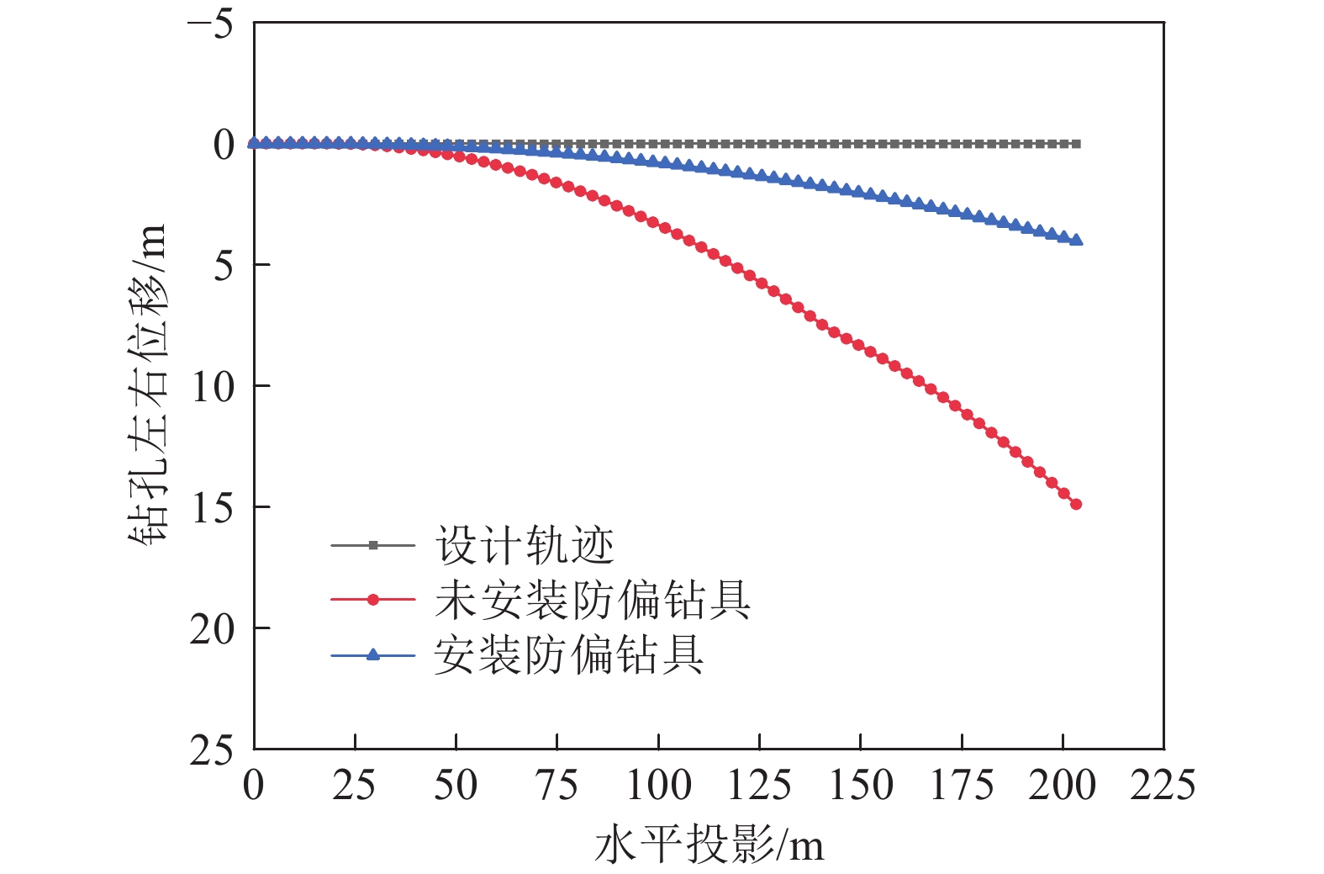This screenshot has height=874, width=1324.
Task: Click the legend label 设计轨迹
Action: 525,546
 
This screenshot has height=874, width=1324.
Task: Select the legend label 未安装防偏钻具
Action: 592,601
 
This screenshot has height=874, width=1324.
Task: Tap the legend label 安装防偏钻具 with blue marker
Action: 569,655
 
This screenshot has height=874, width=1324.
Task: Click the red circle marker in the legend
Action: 373,600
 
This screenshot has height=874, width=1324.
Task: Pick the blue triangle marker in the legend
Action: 373,654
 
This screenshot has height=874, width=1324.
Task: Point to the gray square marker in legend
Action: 373,545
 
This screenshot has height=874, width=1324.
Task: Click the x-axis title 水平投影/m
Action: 709,845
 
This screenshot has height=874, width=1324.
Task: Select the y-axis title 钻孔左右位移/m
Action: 149,385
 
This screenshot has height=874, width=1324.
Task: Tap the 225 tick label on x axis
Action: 1163,786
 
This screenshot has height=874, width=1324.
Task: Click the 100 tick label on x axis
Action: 658,786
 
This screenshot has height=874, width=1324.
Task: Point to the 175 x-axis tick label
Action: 962,786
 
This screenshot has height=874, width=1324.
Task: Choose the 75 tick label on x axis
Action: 557,786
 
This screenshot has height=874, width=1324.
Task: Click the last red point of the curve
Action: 1076,505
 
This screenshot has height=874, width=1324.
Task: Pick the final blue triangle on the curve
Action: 1077,240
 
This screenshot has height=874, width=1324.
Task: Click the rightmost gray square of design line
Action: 1077,144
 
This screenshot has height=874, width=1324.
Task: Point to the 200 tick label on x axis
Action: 1063,786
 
